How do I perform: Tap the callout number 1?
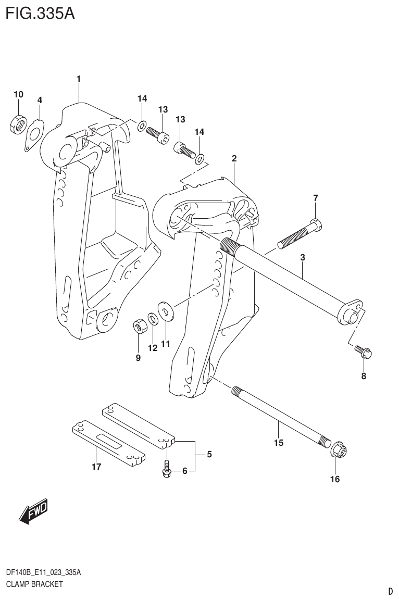click(x=78, y=79)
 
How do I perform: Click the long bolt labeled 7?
click(x=299, y=234)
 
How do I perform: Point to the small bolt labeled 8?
click(x=364, y=353)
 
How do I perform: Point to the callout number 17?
click(x=96, y=467)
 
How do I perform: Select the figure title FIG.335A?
click(x=40, y=12)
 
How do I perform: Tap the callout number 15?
click(x=278, y=443)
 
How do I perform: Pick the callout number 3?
click(x=302, y=257)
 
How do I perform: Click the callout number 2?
click(x=234, y=158)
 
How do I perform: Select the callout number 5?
click(x=209, y=455)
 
